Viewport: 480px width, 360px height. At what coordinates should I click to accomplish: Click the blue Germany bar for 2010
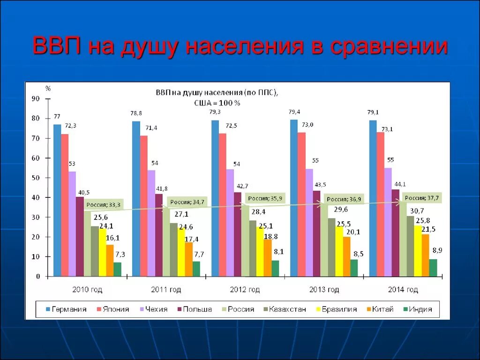[x=57, y=200]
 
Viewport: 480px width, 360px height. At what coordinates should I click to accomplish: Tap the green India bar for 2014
[x=433, y=268]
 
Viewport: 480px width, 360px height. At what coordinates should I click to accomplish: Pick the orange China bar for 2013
[x=346, y=256]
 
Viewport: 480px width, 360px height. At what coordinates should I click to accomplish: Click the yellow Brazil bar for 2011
[x=181, y=252]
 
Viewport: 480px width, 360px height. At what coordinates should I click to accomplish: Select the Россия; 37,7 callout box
[x=421, y=198]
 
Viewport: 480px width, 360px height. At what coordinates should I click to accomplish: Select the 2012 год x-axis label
[x=245, y=290]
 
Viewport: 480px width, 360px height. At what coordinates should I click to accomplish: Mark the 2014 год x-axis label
[x=403, y=290]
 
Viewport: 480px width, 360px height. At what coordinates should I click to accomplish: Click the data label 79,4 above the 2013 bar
[x=294, y=112]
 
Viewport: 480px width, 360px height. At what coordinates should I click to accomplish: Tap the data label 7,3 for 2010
[x=120, y=255]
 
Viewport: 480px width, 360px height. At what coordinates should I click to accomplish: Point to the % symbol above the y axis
[x=48, y=88]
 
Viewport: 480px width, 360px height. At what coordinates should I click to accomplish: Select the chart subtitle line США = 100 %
[x=217, y=103]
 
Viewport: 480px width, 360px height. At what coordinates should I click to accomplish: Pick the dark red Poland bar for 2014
[x=396, y=233]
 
